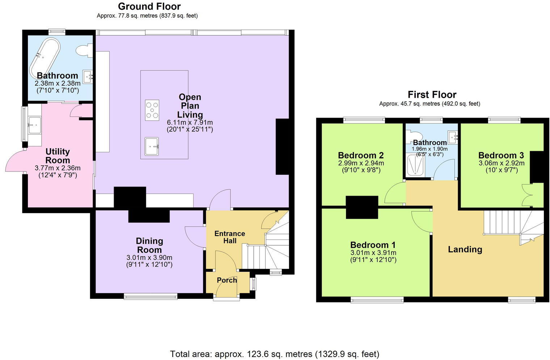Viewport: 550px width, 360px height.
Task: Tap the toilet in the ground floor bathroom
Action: [85, 50]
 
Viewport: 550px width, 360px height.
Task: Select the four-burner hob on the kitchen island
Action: [152, 110]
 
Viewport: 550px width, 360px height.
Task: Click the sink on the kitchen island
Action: [152, 146]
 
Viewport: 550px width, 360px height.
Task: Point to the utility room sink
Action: [35, 124]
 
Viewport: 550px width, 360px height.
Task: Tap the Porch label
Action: [227, 280]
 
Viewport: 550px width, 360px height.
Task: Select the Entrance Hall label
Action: [230, 237]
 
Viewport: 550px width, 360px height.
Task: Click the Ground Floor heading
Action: [149, 7]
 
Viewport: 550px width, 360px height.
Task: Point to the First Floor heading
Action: [432, 95]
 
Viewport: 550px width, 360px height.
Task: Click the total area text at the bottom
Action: [275, 353]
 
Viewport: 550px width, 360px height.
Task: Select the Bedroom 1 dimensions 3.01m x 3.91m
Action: [373, 253]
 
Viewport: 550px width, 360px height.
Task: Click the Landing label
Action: [465, 249]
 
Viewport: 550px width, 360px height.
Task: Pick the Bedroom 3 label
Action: [501, 155]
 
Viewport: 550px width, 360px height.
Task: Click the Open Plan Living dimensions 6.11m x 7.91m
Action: [190, 122]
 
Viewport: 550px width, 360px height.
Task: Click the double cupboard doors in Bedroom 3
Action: [526, 195]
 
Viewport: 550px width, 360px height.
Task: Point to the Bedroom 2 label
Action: [361, 155]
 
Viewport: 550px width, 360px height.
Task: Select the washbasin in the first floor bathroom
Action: [453, 137]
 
